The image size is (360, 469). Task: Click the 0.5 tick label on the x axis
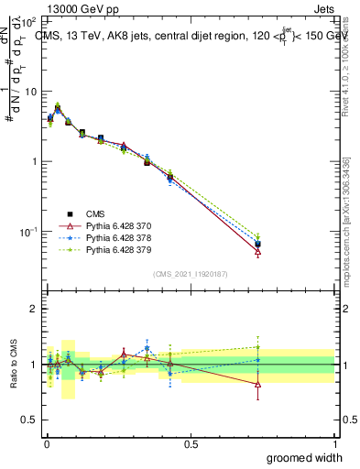(x=191, y=443)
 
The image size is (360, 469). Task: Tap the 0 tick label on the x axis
(x=46, y=443)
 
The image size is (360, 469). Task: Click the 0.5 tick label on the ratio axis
(x=30, y=420)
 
